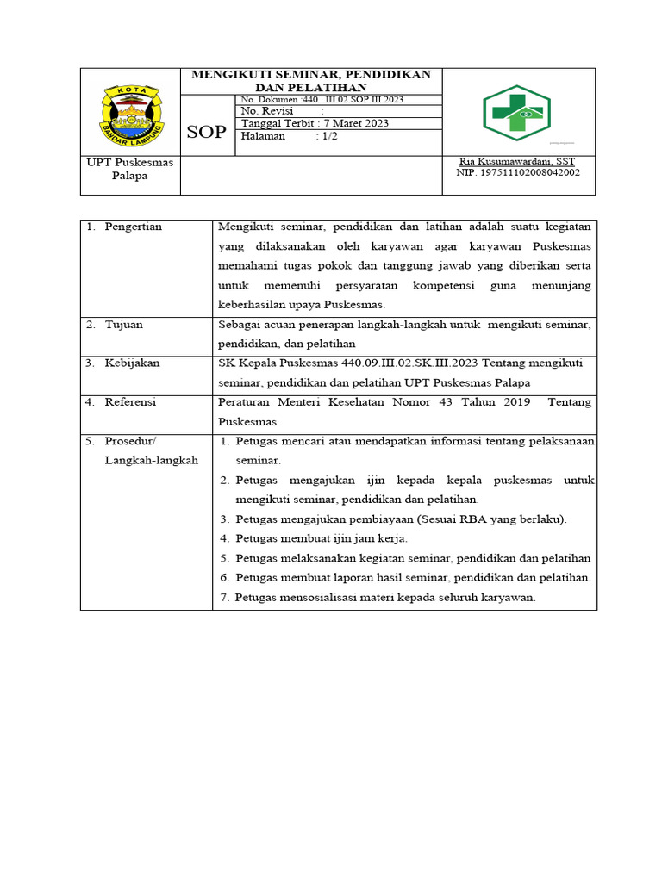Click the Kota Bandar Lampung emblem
(x=130, y=115)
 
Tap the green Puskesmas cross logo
(x=516, y=113)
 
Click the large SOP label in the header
(x=207, y=132)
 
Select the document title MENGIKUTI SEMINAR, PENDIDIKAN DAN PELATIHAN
(x=311, y=81)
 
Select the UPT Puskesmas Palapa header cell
(x=130, y=169)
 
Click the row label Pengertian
(x=133, y=227)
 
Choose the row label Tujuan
(x=124, y=325)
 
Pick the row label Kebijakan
(x=132, y=363)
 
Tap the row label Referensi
(x=132, y=402)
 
